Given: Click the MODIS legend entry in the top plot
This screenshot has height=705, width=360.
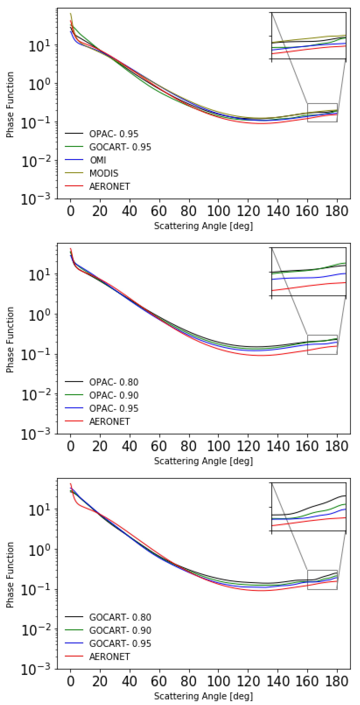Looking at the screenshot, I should pyautogui.click(x=104, y=173).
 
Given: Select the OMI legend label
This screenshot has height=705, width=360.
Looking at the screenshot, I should pyautogui.click(x=98, y=160).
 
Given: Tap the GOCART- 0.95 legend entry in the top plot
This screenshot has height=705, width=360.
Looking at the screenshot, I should pyautogui.click(x=120, y=147).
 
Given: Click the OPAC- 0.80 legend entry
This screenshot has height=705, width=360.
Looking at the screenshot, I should pyautogui.click(x=114, y=382).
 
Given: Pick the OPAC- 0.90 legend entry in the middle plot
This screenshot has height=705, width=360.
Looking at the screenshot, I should pyautogui.click(x=114, y=395).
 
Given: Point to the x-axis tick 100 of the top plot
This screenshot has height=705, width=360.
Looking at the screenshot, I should pyautogui.click(x=218, y=211).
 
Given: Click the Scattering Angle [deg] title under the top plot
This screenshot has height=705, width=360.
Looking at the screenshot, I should pyautogui.click(x=203, y=226).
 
